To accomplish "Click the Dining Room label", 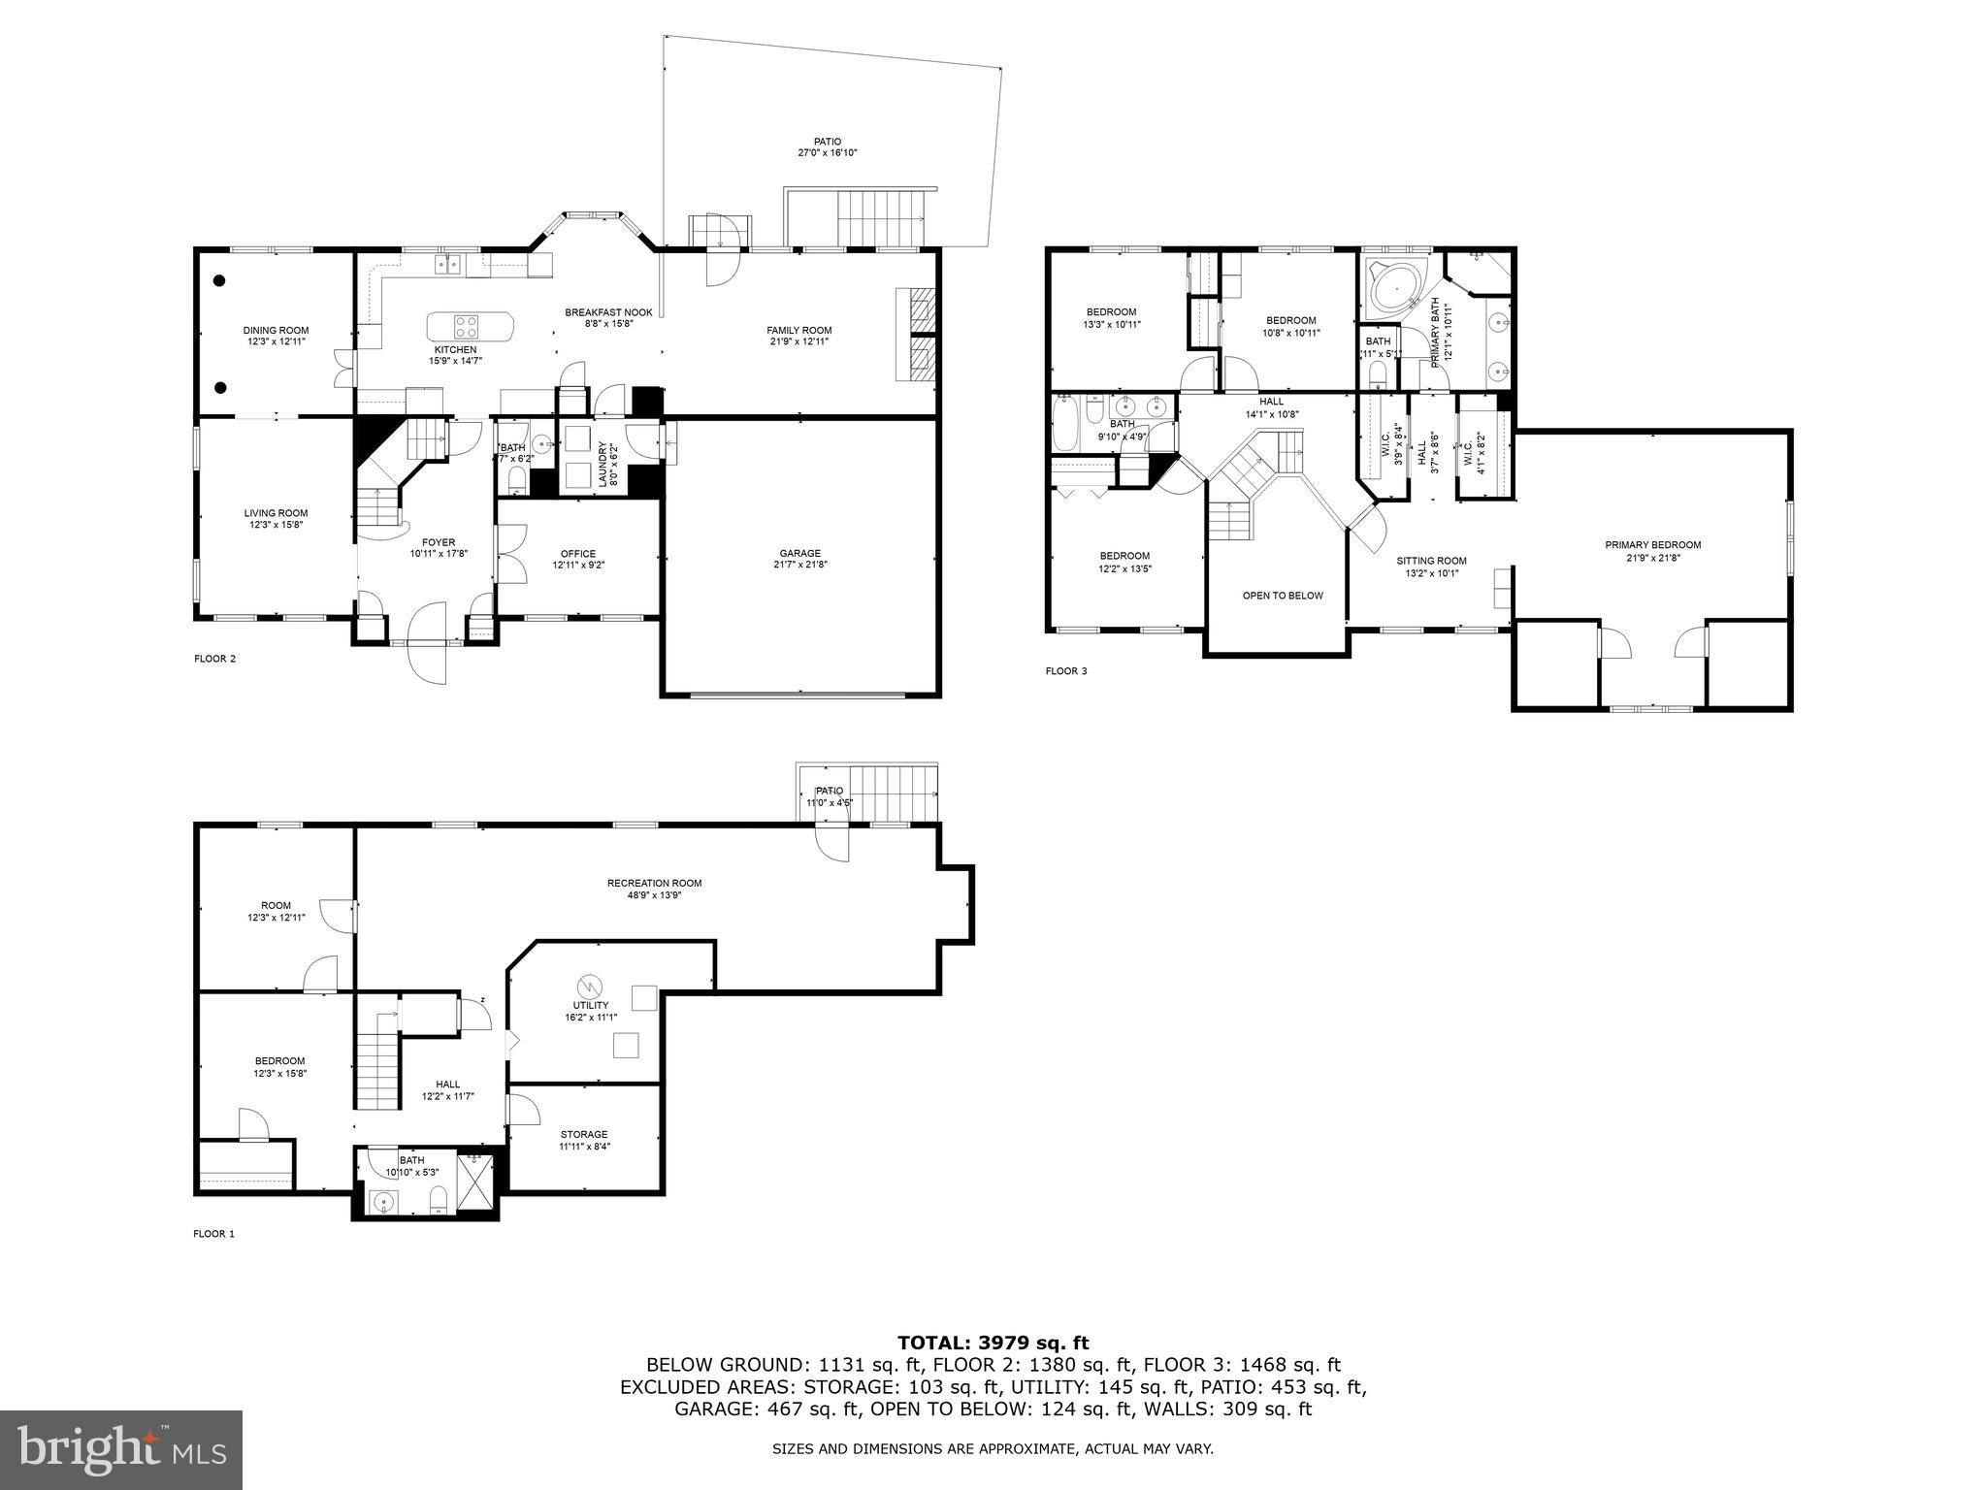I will [276, 330].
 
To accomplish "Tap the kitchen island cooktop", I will [466, 326].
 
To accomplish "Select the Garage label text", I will [799, 553].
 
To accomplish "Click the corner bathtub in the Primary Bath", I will [1393, 288].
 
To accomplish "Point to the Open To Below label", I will [1283, 596].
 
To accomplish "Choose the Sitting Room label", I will [1431, 561].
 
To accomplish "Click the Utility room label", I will [591, 1005].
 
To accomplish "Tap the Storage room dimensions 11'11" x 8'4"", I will [584, 1146].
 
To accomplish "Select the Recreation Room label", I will [654, 883].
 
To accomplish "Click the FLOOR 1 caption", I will [214, 1234].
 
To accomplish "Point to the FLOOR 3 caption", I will [1066, 670].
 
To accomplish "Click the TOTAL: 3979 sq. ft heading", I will [993, 1343].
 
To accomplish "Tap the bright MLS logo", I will [121, 1449].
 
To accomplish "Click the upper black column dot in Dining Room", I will [220, 280].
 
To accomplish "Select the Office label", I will [577, 554].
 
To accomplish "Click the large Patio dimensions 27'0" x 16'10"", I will [828, 153].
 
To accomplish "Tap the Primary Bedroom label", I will [1652, 544].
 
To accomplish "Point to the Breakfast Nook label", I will [608, 312].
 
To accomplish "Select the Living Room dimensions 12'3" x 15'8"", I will [276, 525].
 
